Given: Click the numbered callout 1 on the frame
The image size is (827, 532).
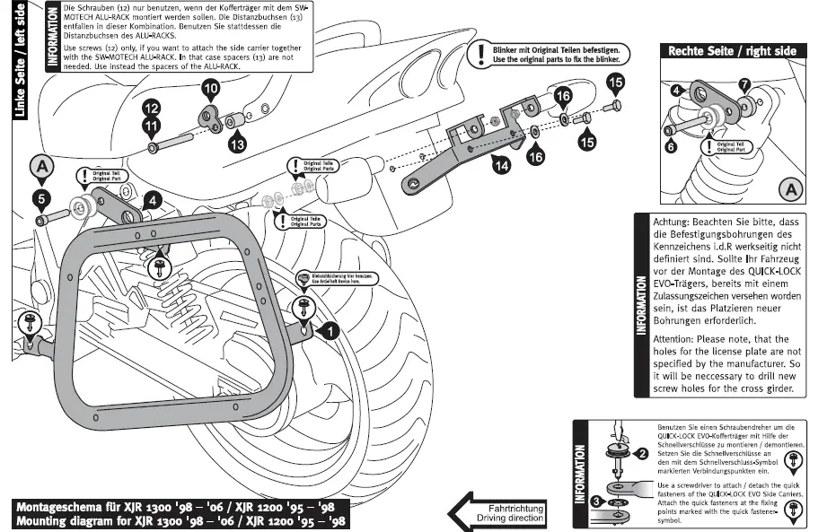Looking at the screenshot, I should tap(330, 331).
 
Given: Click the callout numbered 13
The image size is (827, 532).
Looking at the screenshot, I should tap(237, 143).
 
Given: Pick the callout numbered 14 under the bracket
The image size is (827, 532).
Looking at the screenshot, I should tap(500, 164).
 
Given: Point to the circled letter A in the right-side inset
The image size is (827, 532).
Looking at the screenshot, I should tap(790, 189).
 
